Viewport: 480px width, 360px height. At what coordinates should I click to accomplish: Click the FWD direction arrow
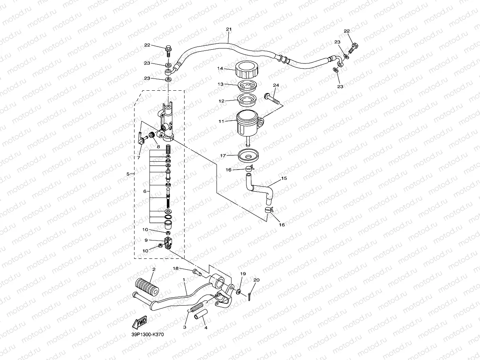(x=140, y=323)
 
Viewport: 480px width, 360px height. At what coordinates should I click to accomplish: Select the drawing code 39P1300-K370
(x=148, y=334)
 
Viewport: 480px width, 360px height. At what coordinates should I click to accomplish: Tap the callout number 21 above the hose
(x=229, y=30)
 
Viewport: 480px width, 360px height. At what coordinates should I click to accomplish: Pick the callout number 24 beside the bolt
(x=276, y=85)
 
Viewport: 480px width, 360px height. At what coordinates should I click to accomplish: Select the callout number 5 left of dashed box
(x=128, y=173)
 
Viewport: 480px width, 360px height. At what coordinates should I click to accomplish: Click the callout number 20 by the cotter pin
(x=256, y=280)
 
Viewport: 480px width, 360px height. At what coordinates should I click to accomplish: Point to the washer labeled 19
(x=239, y=292)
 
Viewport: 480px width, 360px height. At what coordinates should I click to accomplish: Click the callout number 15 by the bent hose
(x=284, y=179)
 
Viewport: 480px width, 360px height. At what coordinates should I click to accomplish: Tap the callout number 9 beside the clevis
(x=146, y=240)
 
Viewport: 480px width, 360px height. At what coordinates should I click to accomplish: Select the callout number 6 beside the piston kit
(x=145, y=191)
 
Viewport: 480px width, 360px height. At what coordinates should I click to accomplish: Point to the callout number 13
(x=220, y=84)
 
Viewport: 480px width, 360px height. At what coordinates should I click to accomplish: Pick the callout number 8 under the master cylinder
(x=158, y=147)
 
